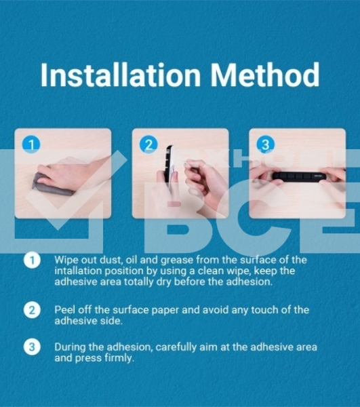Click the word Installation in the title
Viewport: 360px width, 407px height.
pos(121,75)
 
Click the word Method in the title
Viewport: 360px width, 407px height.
pos(265,75)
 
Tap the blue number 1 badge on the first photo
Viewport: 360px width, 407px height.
pos(31,144)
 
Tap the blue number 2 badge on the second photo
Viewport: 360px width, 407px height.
pos(148,144)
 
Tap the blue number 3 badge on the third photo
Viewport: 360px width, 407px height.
pos(266,144)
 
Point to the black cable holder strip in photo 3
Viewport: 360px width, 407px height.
pos(299,176)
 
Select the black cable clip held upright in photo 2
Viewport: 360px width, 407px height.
pos(169,166)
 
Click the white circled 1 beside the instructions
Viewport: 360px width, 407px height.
pos(32,260)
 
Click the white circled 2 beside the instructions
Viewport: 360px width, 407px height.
pos(32,310)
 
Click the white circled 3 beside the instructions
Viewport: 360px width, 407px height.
pos(32,347)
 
